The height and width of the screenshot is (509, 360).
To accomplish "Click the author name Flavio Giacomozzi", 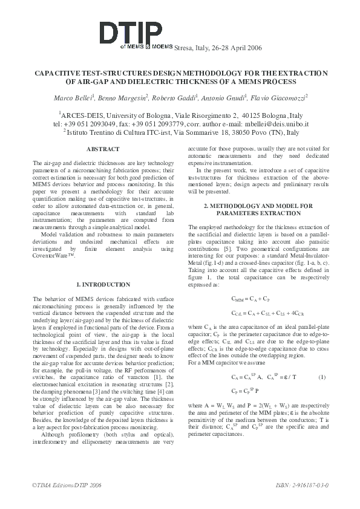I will (279, 97).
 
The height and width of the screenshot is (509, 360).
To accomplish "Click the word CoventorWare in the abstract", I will (53, 256).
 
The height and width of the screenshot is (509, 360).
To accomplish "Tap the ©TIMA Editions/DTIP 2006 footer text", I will (67, 485).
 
